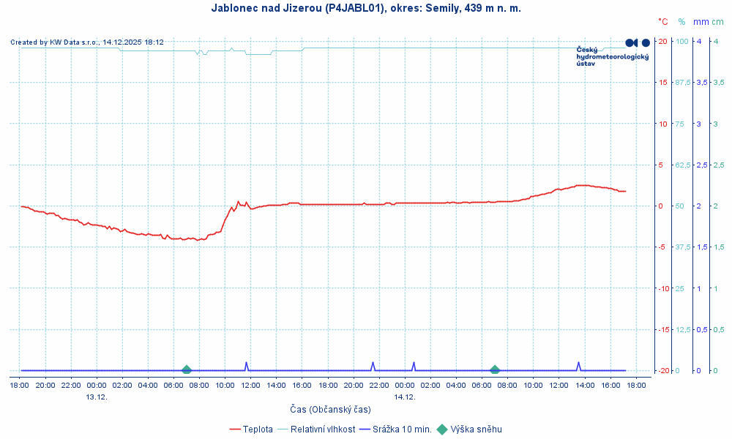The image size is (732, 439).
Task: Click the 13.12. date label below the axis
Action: [x=97, y=397]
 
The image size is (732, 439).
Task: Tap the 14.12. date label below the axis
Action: [x=405, y=397]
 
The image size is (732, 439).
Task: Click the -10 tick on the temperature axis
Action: [x=664, y=288]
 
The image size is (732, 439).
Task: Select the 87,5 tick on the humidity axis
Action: [x=682, y=82]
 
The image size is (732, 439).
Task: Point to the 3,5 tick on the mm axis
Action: [x=700, y=82]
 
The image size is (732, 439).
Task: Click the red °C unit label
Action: [x=663, y=22]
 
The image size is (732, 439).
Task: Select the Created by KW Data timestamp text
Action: [x=87, y=42]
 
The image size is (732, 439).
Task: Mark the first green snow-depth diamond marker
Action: [x=187, y=370]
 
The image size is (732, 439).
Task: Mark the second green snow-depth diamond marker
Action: [x=495, y=370]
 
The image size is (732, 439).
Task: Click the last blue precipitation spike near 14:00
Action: [x=578, y=364]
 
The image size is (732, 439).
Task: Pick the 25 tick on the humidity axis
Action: [x=679, y=288]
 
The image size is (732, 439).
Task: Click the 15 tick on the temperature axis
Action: [x=664, y=82]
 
